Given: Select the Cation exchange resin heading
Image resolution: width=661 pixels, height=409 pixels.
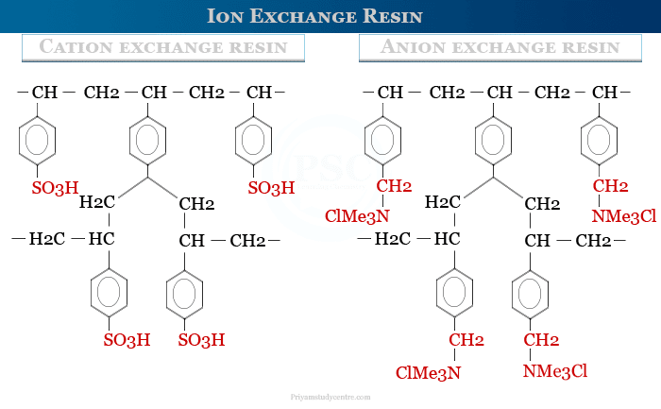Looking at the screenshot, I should pos(163,47).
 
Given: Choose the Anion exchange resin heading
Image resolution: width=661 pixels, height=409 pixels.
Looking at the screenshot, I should pos(500,47).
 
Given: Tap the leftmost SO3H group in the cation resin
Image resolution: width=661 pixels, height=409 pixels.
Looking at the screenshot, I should pos(56,189).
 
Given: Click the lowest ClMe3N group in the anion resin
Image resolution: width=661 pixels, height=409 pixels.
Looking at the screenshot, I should pos(428,372).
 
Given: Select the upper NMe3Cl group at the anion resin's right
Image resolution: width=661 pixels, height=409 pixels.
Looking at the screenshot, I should pos(623,216).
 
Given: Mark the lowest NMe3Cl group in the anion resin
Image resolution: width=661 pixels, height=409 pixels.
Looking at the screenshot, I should pos(555,372).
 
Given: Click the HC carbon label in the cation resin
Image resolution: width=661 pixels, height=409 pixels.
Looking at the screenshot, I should pos(101,239).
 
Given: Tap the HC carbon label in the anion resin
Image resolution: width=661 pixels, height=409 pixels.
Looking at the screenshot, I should pos(447,239).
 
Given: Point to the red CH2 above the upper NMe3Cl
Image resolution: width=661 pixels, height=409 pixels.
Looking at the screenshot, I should pos(610,185).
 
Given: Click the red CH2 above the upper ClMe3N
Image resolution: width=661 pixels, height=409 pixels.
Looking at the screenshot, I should pos(394,185).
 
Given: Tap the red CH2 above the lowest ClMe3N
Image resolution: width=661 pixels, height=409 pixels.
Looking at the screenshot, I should pos(466,339).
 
